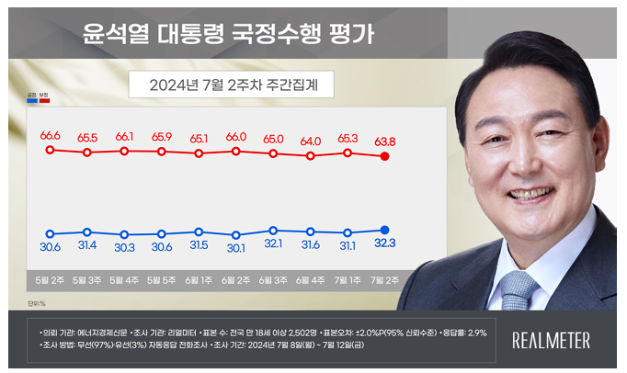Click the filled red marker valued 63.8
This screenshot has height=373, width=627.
click(385, 157)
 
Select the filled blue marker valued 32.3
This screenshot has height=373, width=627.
click(385, 230)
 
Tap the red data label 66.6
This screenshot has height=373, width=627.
click(50, 136)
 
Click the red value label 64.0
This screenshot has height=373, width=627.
click(311, 141)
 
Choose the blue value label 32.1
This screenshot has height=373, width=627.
click(273, 244)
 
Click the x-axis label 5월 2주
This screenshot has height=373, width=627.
click(50, 278)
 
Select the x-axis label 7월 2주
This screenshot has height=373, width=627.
click(385, 278)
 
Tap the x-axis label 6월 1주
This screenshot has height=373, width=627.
click(199, 278)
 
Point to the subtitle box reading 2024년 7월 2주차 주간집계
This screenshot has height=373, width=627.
click(229, 85)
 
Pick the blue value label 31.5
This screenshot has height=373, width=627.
click(199, 245)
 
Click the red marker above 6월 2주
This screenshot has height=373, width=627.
click(236, 151)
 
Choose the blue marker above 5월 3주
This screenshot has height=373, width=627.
click(87, 232)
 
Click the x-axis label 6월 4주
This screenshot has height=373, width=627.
click(311, 278)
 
